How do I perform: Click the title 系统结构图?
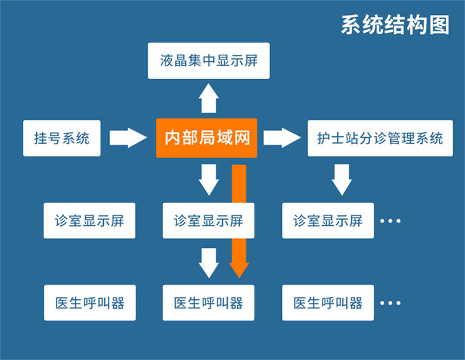pyautogui.click(x=395, y=24)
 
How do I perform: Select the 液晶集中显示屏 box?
pyautogui.click(x=209, y=61)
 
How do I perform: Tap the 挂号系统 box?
pyautogui.click(x=62, y=138)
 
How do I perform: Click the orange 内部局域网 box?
pyautogui.click(x=206, y=138)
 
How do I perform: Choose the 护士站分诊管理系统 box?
pyautogui.click(x=380, y=138)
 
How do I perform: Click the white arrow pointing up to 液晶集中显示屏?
pyautogui.click(x=209, y=98)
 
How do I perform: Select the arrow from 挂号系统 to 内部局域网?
pyautogui.click(x=128, y=138)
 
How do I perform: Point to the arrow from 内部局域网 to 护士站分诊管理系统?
pyautogui.click(x=282, y=138)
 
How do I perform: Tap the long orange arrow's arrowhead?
pyautogui.click(x=238, y=269)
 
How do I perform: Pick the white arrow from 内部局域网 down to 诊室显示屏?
pyautogui.click(x=209, y=180)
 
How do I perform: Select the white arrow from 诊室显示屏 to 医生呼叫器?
pyautogui.click(x=209, y=263)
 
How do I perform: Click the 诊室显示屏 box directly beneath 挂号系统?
pyautogui.click(x=89, y=221)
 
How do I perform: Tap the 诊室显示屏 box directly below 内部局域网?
pyautogui.click(x=209, y=221)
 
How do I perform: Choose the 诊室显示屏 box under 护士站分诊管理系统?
pyautogui.click(x=328, y=221)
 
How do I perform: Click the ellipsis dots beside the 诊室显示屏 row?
pyautogui.click(x=390, y=221)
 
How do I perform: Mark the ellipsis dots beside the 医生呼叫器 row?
pyautogui.click(x=390, y=303)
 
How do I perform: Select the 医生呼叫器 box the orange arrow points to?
pyautogui.click(x=209, y=303)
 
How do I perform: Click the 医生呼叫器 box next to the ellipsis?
pyautogui.click(x=328, y=303)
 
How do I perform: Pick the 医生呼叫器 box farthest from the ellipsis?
pyautogui.click(x=89, y=303)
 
